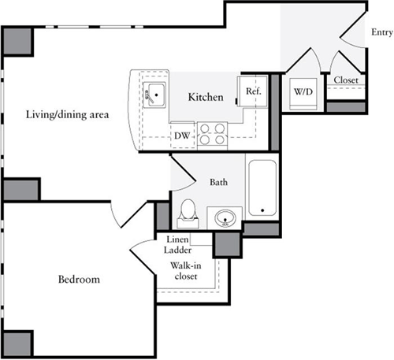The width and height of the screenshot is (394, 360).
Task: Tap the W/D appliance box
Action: (x=303, y=91)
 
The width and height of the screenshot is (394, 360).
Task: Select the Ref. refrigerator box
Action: (x=253, y=91)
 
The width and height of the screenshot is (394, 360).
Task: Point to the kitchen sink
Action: (x=155, y=95)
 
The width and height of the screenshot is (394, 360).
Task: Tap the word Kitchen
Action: (x=206, y=98)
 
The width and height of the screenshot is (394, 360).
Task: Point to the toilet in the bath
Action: (x=188, y=211)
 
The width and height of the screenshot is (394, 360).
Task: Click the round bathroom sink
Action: (x=226, y=217)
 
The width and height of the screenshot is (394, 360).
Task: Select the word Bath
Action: (x=219, y=182)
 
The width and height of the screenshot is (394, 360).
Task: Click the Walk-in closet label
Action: (x=185, y=271)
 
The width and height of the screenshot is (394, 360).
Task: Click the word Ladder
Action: (x=180, y=250)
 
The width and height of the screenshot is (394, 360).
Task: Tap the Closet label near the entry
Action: (x=347, y=80)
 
